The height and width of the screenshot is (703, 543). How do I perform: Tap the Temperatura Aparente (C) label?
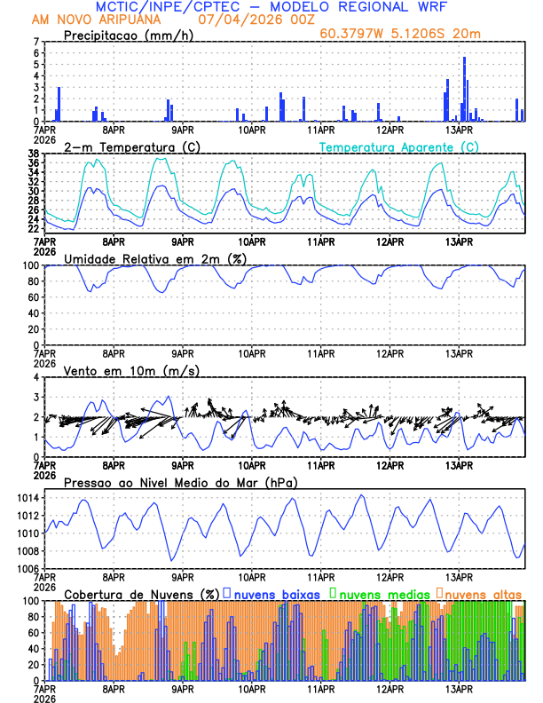pyautogui.click(x=398, y=146)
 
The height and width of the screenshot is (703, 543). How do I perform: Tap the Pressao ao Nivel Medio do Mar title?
pyautogui.click(x=180, y=482)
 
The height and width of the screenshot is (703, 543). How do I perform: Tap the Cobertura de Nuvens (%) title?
pyautogui.click(x=141, y=593)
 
